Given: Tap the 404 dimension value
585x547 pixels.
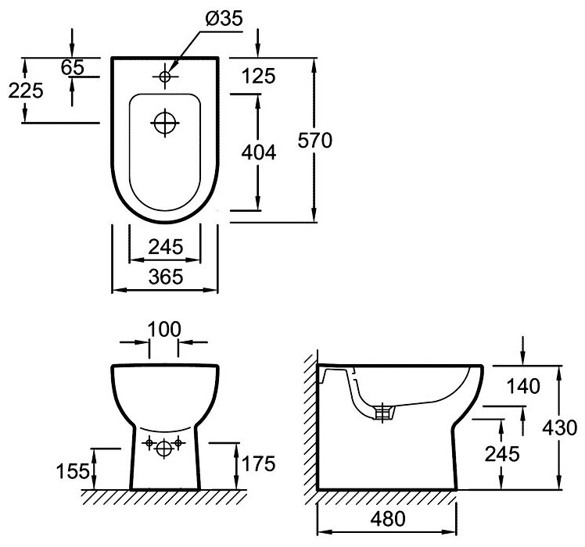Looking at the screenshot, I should [258, 153].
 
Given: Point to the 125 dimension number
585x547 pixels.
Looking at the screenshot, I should [259, 77].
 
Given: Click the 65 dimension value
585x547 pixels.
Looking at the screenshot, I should [72, 67].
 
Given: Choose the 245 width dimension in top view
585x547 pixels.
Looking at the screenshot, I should [165, 247].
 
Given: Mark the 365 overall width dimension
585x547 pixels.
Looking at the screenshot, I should [165, 276].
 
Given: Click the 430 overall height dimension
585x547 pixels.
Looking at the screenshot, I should [560, 427].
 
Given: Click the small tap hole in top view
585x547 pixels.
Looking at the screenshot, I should [164, 76].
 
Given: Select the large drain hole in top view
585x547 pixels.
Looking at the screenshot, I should [165, 123].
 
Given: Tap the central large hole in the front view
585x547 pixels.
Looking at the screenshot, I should [164, 449].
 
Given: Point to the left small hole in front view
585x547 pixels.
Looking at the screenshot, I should [149, 444].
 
